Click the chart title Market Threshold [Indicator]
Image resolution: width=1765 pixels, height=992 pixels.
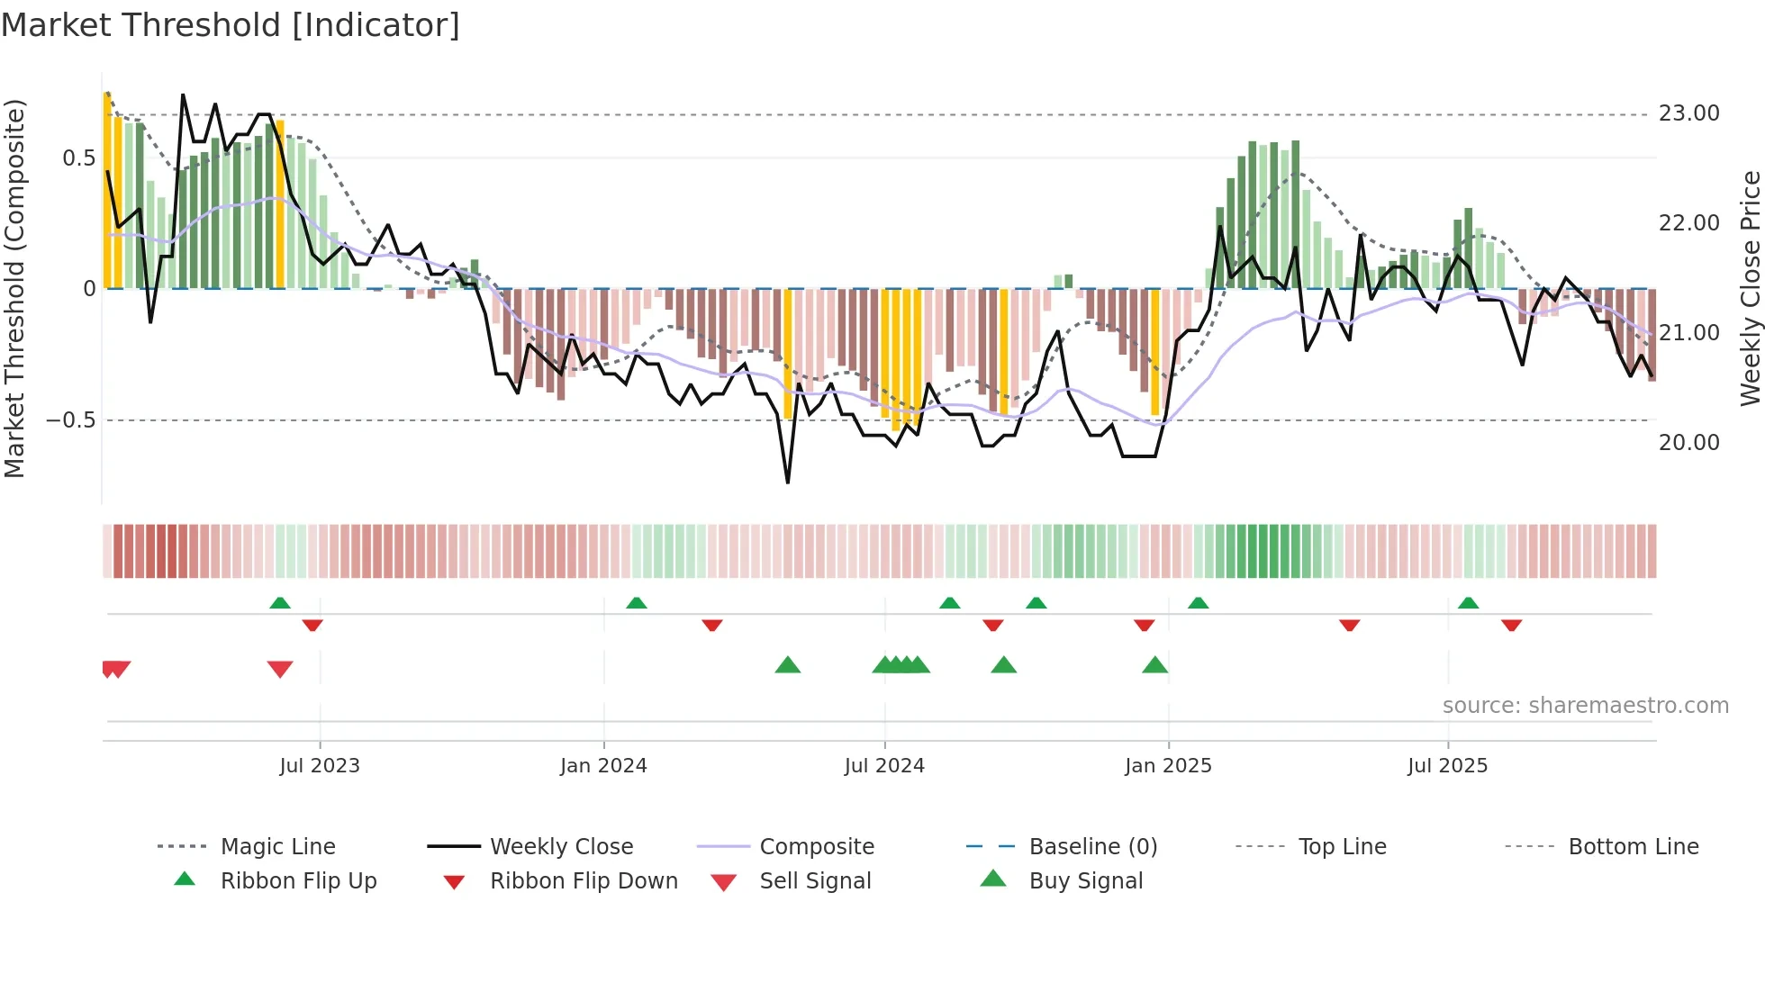pyautogui.click(x=231, y=25)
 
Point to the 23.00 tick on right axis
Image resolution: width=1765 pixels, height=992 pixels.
pyautogui.click(x=1688, y=113)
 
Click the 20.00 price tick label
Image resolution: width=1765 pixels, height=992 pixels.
pyautogui.click(x=1688, y=443)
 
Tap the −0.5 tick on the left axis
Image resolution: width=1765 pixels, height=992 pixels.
pyautogui.click(x=71, y=420)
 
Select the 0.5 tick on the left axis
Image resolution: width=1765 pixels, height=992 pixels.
pyautogui.click(x=78, y=158)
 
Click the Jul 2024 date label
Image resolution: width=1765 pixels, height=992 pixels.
pyautogui.click(x=884, y=766)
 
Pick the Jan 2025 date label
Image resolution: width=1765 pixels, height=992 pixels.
pyautogui.click(x=1168, y=766)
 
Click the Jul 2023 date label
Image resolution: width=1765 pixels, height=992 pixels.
pyautogui.click(x=320, y=766)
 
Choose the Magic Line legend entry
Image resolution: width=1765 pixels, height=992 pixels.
pyautogui.click(x=277, y=847)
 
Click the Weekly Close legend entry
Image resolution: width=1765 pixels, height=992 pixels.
pyautogui.click(x=561, y=847)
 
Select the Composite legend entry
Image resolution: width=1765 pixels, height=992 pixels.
pyautogui.click(x=817, y=847)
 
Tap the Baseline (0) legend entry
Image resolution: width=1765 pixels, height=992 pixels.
pyautogui.click(x=1092, y=847)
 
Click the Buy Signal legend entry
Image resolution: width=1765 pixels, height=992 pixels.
pyautogui.click(x=1085, y=881)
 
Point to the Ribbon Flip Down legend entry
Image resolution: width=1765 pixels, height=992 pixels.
pyautogui.click(x=584, y=881)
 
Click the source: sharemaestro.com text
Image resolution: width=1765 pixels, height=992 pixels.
pyautogui.click(x=1585, y=706)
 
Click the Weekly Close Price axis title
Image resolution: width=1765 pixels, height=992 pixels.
pyautogui.click(x=1750, y=288)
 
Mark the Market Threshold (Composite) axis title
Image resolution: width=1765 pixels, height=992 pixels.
pyautogui.click(x=14, y=288)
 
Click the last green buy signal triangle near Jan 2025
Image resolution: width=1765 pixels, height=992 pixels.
pyautogui.click(x=1154, y=665)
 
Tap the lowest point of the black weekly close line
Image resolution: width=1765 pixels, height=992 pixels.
pyautogui.click(x=788, y=482)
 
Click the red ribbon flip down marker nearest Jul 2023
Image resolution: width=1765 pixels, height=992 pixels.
pyautogui.click(x=312, y=625)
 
